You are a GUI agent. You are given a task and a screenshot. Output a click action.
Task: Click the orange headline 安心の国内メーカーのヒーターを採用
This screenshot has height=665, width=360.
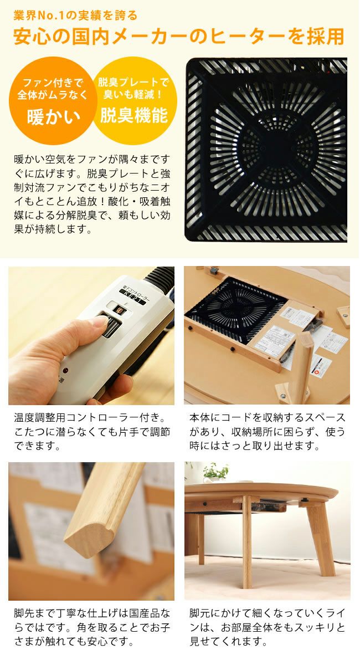point(179,37)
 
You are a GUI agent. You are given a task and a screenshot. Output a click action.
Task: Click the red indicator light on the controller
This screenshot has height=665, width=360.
point(65,370)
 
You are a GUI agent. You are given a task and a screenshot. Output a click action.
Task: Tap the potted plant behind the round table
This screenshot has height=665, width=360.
point(215,472)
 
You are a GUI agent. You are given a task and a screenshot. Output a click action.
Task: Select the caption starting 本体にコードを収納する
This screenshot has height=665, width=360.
point(267,431)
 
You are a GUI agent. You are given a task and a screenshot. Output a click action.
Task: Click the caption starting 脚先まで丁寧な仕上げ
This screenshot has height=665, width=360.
point(91,627)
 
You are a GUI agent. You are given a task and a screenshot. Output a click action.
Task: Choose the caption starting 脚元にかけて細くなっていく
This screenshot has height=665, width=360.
point(267,627)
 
